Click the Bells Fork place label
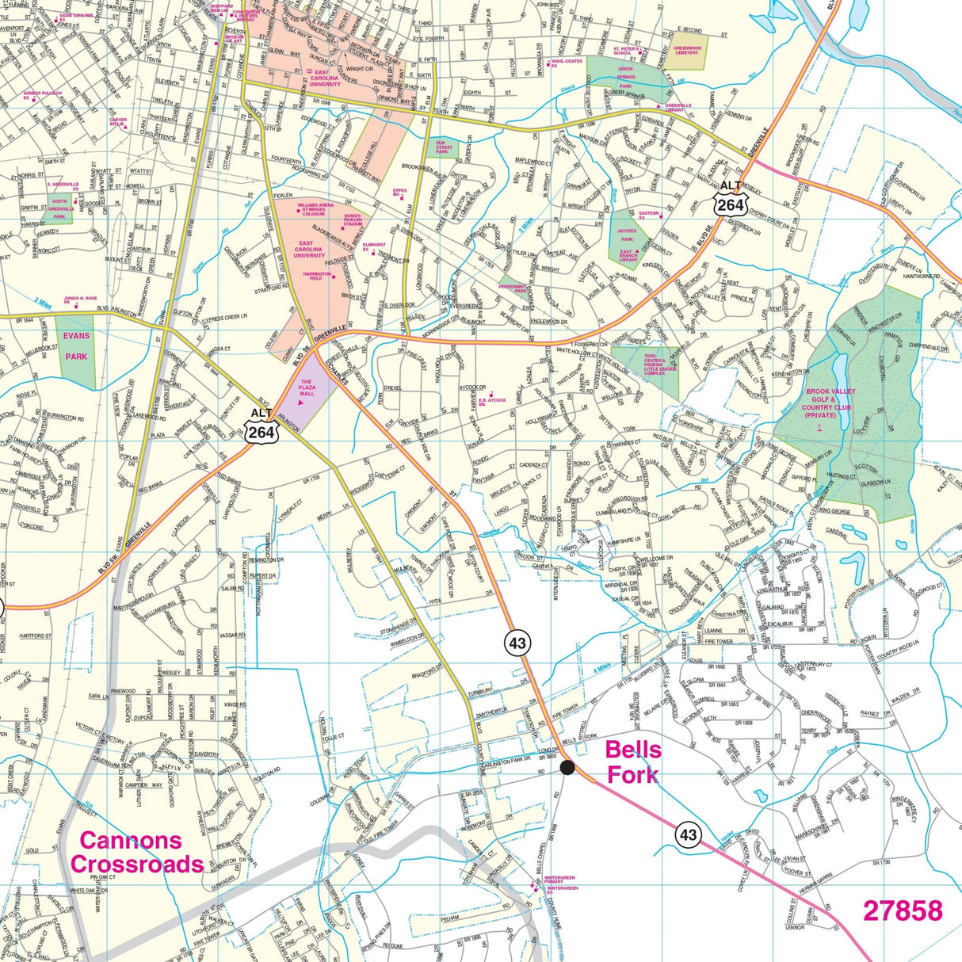coord(633,762)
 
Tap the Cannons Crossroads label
coord(136,852)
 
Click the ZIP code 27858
coord(903,910)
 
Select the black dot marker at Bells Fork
coord(567,766)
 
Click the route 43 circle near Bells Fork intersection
coord(517,643)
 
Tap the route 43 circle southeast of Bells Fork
coord(688,834)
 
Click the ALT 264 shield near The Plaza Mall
coord(261,426)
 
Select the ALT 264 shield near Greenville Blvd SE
coord(729,198)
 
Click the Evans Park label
coord(76,346)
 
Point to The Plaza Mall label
coord(307,387)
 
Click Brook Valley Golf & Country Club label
coord(830,403)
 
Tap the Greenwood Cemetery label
coord(687,51)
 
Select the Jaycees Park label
coord(627,235)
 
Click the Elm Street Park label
coord(444,147)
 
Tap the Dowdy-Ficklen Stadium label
coord(353,220)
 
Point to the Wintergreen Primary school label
coord(559,880)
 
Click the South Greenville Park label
coord(59,208)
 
